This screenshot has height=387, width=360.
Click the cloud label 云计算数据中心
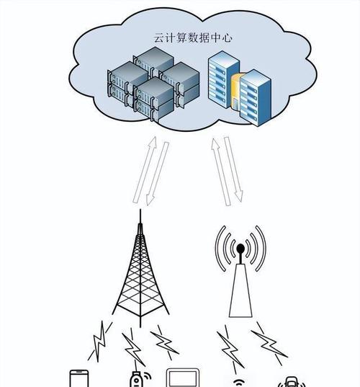click(x=193, y=37)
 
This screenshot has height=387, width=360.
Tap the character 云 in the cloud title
click(x=159, y=37)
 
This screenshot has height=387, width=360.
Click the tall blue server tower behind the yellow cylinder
click(x=223, y=79)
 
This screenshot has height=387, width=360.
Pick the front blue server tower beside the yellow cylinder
click(x=256, y=98)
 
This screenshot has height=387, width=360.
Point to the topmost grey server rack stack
click(x=154, y=62)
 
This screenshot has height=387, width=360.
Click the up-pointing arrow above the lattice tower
click(x=145, y=170)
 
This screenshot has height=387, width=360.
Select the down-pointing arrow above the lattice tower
click(x=157, y=174)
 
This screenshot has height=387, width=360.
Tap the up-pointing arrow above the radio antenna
click(x=221, y=172)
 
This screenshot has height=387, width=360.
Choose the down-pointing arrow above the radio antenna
click(x=233, y=169)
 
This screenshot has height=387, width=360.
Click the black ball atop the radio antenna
click(x=240, y=248)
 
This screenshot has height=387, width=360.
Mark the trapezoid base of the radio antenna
click(x=240, y=290)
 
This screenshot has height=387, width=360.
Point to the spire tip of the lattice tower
click(x=140, y=210)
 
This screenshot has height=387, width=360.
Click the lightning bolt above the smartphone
click(x=99, y=342)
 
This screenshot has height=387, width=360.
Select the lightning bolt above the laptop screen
click(x=164, y=342)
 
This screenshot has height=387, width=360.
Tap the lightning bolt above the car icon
click(x=269, y=343)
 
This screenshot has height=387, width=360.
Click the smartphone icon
click(x=79, y=378)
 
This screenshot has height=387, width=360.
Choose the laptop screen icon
click(x=183, y=378)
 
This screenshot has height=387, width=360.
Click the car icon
click(x=292, y=382)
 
